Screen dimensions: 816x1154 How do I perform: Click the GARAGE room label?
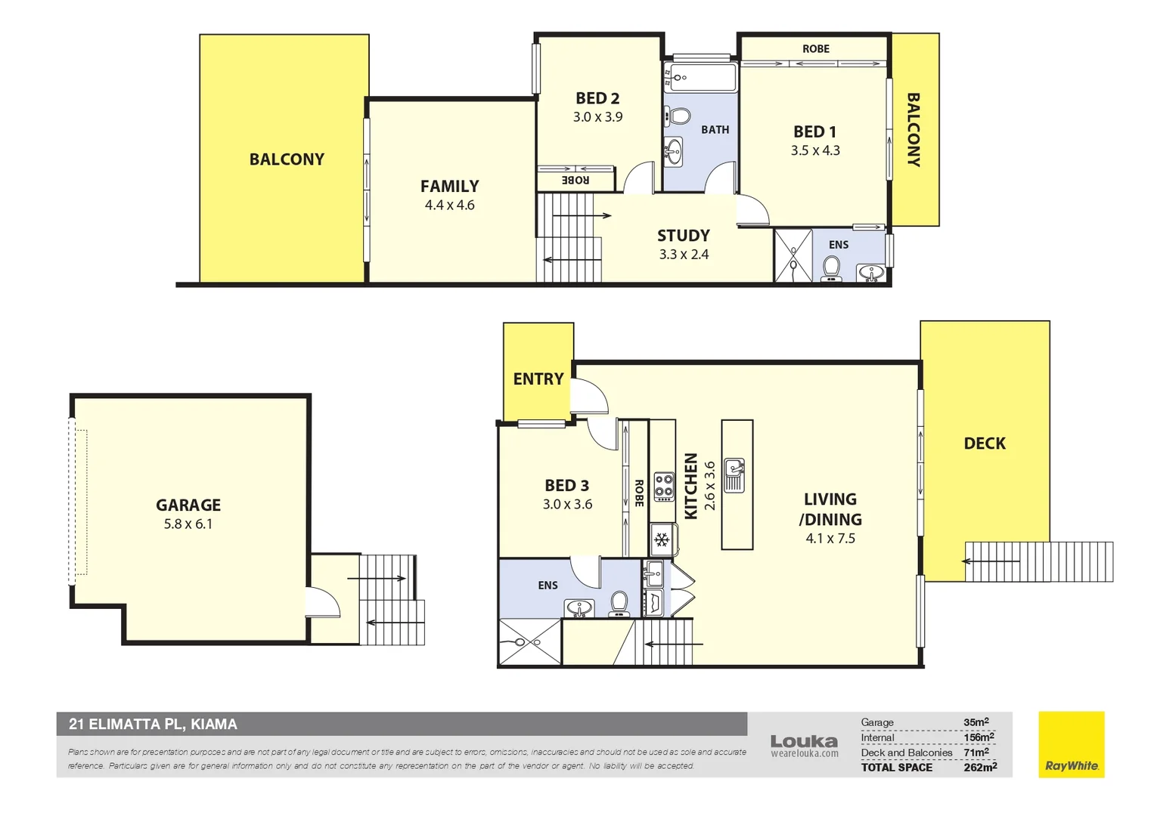point(188,505)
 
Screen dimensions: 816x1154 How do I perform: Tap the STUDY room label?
point(683,236)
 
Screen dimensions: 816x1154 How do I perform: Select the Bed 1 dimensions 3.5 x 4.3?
point(815,150)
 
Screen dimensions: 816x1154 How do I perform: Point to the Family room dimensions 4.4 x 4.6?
point(449,205)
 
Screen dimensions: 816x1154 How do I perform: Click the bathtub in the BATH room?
point(700,77)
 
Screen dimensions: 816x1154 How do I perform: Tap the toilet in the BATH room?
point(679,116)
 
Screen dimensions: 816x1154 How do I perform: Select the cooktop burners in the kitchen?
point(664,485)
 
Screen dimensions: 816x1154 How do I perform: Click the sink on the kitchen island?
point(734,474)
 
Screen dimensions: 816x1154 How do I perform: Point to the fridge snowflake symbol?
point(662,539)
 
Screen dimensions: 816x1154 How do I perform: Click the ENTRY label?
point(538,379)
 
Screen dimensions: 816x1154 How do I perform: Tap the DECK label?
point(985,444)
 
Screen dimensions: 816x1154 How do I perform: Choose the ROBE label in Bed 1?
point(815,49)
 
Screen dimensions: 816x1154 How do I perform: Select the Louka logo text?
point(804,742)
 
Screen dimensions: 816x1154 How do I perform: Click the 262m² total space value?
point(979,767)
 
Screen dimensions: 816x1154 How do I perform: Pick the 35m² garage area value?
point(976,722)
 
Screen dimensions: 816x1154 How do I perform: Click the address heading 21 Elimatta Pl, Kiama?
point(153,724)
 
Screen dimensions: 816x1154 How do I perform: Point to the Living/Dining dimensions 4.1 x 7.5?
point(830,539)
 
